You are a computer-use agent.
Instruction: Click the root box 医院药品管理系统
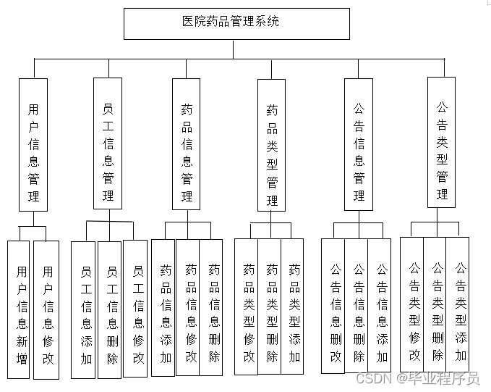click(236, 23)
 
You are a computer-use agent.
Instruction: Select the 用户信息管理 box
click(33, 143)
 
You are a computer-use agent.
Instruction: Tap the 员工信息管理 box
click(108, 143)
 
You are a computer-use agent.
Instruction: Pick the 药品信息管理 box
click(187, 143)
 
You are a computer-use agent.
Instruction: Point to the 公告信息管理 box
click(359, 143)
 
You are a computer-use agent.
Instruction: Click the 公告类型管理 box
click(442, 142)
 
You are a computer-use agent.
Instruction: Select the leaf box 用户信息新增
click(21, 310)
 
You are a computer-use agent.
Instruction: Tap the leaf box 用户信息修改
click(47, 310)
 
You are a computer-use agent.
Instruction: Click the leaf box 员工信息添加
click(85, 309)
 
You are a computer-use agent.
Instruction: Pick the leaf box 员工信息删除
click(111, 309)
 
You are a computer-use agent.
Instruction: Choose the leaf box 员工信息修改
click(137, 309)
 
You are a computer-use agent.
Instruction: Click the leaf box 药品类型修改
click(247, 306)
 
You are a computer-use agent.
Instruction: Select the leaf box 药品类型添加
click(294, 306)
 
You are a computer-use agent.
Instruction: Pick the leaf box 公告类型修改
click(414, 304)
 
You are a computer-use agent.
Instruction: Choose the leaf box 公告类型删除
click(437, 304)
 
